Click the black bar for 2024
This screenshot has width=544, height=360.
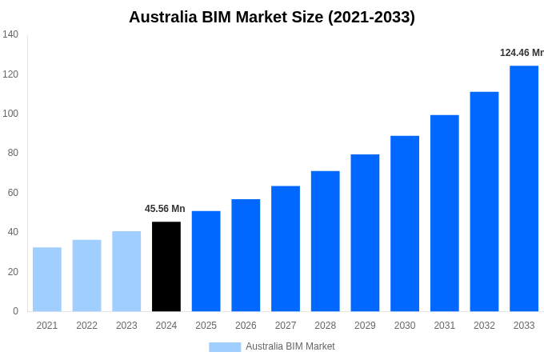(x=166, y=266)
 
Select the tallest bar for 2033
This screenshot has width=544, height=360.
(x=524, y=189)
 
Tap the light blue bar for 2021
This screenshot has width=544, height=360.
(x=47, y=279)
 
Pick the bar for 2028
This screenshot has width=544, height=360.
(x=325, y=241)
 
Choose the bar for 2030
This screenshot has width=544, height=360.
(x=405, y=223)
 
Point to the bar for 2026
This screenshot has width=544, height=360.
(x=246, y=255)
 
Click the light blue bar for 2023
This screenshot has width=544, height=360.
(x=126, y=271)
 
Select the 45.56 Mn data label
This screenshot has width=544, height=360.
(x=165, y=209)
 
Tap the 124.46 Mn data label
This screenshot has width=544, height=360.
(x=522, y=53)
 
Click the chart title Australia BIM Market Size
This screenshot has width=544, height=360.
(x=272, y=17)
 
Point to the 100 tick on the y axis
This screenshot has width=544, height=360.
(x=10, y=114)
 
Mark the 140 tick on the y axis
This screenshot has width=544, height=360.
(x=10, y=34)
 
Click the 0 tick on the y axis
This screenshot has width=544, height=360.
(x=15, y=311)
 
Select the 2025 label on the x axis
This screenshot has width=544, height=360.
(x=206, y=326)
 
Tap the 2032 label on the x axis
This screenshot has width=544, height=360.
(x=484, y=326)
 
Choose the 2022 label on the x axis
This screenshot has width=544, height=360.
(x=86, y=326)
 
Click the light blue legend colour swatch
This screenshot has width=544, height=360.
(x=225, y=346)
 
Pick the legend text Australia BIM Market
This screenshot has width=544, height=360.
(x=290, y=346)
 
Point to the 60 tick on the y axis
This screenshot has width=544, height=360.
(x=13, y=193)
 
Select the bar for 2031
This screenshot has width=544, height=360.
(x=445, y=213)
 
